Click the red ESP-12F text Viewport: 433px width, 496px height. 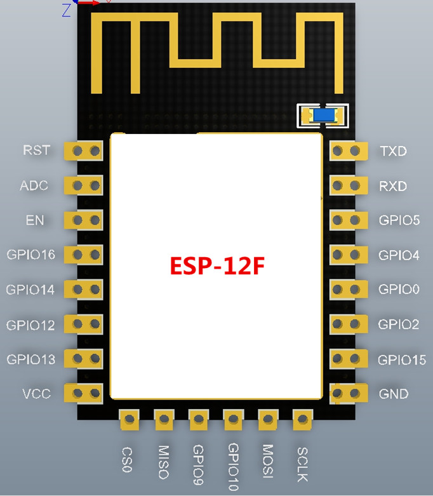click(216, 265)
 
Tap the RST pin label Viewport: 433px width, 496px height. click(36, 151)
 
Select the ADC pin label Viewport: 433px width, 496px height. click(34, 185)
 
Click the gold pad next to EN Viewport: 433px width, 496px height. click(86, 220)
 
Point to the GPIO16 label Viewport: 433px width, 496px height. click(30, 255)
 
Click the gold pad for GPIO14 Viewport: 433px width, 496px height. click(86, 290)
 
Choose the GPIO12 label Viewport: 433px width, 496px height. click(30, 325)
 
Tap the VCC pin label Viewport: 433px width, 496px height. click(36, 394)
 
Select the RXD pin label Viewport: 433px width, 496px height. click(393, 186)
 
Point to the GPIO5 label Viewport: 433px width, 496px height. click(399, 220)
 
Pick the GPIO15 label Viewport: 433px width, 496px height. click(401, 360)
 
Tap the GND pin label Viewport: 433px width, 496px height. click(394, 394)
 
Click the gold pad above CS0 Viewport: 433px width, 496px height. click(129, 419)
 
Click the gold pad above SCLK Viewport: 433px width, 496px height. click(302, 419)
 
